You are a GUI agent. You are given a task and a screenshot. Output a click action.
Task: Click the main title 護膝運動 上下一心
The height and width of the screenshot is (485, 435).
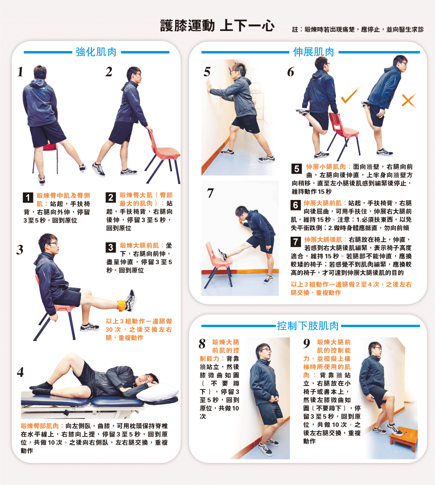pyautogui.click(x=217, y=26)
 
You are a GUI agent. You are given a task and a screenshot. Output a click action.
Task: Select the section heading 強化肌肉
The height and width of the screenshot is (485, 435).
pyautogui.click(x=96, y=52)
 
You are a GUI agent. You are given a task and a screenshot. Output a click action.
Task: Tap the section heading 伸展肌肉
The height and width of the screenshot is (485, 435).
pyautogui.click(x=313, y=52)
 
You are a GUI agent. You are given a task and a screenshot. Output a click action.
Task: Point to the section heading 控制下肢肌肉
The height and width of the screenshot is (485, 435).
pyautogui.click(x=308, y=326)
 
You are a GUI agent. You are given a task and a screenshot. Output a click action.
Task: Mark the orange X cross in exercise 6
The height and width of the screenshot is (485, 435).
pyautogui.click(x=409, y=101)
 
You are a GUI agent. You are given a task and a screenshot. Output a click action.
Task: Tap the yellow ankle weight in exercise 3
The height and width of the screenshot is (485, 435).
pyautogui.click(x=122, y=305)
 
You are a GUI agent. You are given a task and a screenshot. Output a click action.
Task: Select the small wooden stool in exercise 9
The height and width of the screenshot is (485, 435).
pyautogui.click(x=404, y=438)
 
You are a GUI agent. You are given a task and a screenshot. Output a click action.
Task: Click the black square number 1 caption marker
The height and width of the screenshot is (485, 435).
pyautogui.click(x=28, y=198)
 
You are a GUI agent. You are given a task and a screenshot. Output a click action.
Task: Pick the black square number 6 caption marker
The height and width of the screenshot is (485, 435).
pyautogui.click(x=296, y=205)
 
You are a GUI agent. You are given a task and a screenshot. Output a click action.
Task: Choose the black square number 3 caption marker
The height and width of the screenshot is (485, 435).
pyautogui.click(x=111, y=248)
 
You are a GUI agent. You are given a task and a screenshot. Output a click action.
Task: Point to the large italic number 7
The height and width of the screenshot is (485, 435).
pyautogui.click(x=210, y=193)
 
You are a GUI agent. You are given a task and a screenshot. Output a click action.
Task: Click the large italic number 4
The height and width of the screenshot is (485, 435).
pyautogui.click(x=21, y=372)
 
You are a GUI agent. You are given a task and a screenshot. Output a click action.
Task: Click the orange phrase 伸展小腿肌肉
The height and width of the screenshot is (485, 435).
pyautogui.click(x=326, y=167)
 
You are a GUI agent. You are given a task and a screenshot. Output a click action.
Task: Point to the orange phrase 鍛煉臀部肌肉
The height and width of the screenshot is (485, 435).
pyautogui.click(x=40, y=426)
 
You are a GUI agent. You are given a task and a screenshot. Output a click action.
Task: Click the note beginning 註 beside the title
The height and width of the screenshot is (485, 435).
pyautogui.click(x=358, y=29)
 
